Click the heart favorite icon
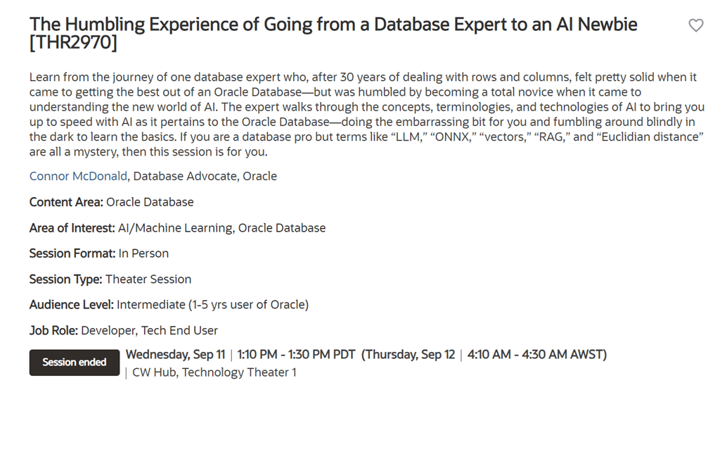[x=696, y=25]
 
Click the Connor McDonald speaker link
[x=78, y=176]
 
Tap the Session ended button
[x=75, y=362]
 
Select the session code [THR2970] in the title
[x=73, y=43]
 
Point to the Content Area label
[x=66, y=202]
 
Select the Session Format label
[x=72, y=253]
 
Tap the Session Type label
[x=65, y=279]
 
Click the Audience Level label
[x=71, y=304]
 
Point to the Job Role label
[x=53, y=330]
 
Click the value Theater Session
[x=148, y=279]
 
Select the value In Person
[x=143, y=253]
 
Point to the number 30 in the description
[x=346, y=77]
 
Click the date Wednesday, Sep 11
[x=175, y=354]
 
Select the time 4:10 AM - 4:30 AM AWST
[x=536, y=354]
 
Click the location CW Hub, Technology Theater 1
[x=214, y=372]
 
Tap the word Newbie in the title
[x=607, y=25]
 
